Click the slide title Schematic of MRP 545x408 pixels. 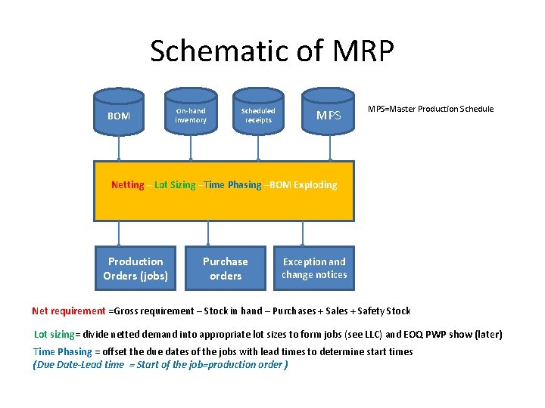(272, 51)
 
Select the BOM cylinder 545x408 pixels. (119, 116)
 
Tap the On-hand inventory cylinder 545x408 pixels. (191, 116)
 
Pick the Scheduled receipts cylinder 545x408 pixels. (258, 116)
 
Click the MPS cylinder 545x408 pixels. (329, 116)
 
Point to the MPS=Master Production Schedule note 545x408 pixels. (430, 109)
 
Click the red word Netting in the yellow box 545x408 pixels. (127, 185)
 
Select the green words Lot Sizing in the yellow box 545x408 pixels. (175, 185)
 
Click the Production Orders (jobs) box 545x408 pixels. (135, 268)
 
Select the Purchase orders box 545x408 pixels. (226, 268)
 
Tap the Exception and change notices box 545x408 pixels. (314, 268)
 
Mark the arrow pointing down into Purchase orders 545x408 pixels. (209, 233)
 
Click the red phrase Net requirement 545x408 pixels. (69, 311)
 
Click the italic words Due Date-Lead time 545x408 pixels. (79, 364)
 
